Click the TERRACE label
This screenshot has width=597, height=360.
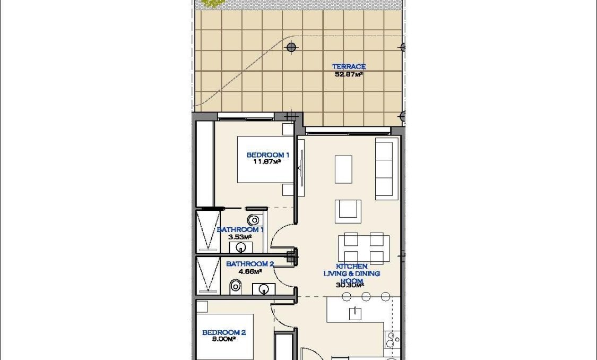(349, 66)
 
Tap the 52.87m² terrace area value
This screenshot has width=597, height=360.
(349, 74)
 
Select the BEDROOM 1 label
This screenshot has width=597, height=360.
(268, 155)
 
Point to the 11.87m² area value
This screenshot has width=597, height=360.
(266, 162)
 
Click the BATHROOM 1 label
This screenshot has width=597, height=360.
(240, 230)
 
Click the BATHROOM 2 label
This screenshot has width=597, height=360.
(250, 264)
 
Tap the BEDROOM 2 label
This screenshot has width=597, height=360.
(224, 333)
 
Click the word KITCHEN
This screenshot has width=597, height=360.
(352, 266)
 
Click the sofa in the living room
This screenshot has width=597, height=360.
(386, 168)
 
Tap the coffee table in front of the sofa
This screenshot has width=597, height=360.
(343, 169)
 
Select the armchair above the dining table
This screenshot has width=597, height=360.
(348, 211)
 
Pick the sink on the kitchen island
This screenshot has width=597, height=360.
(355, 314)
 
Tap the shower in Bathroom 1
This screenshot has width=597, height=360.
(207, 230)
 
